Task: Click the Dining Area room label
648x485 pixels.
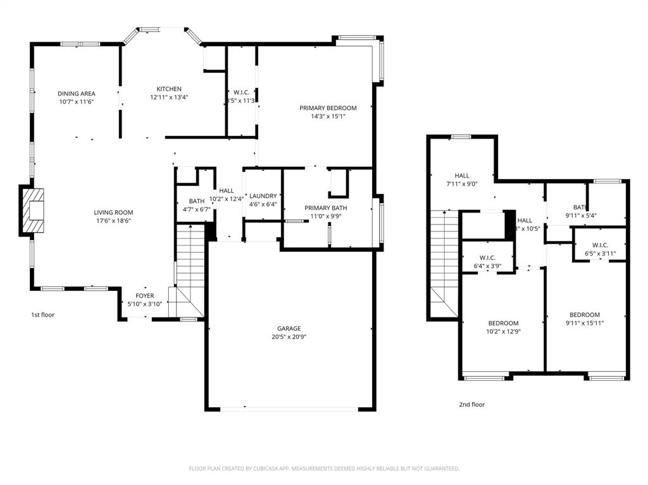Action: pos(77,94)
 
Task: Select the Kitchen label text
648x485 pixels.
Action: pos(169,89)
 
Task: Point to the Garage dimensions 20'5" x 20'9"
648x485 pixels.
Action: pos(289,337)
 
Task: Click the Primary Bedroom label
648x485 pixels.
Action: pos(328,108)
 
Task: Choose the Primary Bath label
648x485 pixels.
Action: pos(325,208)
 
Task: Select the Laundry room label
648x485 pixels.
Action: pos(263,196)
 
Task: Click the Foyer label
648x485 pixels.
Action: pos(145,296)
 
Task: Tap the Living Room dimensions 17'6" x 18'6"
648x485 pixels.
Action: pos(114,221)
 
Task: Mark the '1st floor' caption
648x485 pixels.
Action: pos(42,314)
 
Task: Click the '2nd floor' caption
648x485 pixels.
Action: pos(471,405)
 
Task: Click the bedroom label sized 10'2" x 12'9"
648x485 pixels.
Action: pos(503,323)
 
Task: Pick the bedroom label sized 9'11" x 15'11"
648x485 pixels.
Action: pos(584,315)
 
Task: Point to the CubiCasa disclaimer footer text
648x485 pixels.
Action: pos(324,469)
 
